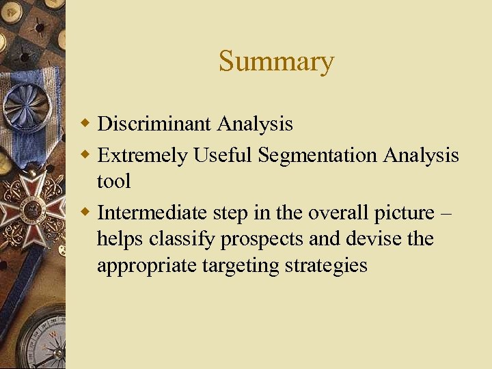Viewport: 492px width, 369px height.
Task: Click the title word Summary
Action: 276,62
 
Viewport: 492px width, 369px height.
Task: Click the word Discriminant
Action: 155,124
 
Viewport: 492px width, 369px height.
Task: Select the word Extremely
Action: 142,156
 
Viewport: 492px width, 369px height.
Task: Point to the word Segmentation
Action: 318,156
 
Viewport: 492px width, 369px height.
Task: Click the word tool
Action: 113,182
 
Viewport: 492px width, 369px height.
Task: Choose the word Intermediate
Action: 153,213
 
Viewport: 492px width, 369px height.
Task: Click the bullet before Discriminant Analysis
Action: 86,124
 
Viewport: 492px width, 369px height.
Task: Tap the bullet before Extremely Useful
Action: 86,155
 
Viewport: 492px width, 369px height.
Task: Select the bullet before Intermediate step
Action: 86,213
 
